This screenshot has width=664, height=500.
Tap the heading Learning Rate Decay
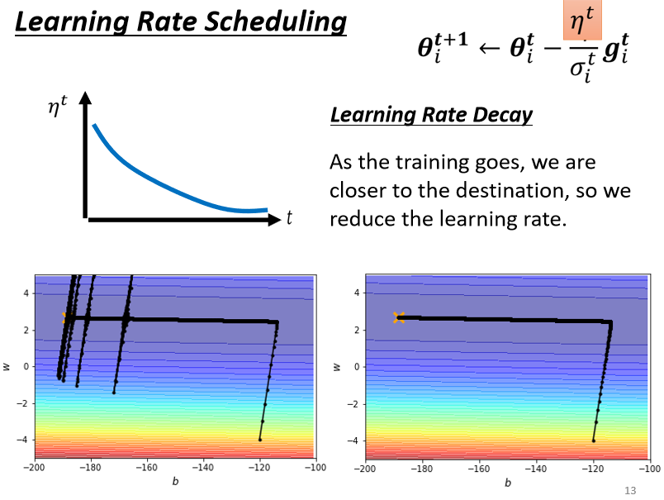[431, 115]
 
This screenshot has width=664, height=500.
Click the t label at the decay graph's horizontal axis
[289, 218]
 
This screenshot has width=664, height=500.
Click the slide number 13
[630, 491]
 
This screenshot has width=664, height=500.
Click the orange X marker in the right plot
[399, 317]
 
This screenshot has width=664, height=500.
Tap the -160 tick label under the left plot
[146, 468]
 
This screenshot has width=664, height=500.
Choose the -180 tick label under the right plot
[421, 468]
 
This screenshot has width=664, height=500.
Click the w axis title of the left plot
[7, 366]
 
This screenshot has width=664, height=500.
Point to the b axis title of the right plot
[506, 482]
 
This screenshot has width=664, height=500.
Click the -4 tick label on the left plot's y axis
[22, 440]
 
